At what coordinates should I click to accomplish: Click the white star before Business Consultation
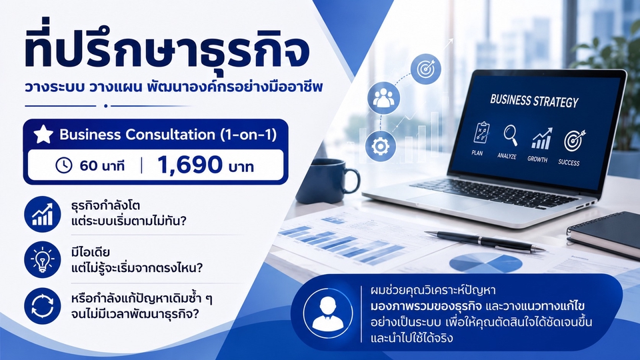click(x=43, y=134)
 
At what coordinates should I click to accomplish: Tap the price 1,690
click(x=189, y=165)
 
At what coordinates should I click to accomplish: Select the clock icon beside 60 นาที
click(x=64, y=165)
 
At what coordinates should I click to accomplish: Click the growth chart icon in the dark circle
click(x=43, y=214)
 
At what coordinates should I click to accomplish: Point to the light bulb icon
click(x=43, y=260)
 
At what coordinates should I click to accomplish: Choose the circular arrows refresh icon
click(x=43, y=306)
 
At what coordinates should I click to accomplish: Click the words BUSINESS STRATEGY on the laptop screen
click(x=534, y=101)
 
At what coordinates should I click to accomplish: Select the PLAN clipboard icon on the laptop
click(x=481, y=132)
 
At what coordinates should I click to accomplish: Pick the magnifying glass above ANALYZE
click(x=510, y=135)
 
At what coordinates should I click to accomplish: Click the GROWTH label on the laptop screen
click(x=537, y=159)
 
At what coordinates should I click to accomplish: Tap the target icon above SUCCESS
click(x=574, y=141)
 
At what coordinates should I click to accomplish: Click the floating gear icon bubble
click(x=381, y=146)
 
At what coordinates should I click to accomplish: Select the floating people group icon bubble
click(x=383, y=98)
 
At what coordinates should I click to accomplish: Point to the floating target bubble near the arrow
click(x=425, y=69)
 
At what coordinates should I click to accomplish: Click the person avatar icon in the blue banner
click(x=327, y=313)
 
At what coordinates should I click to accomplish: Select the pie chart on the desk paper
click(x=486, y=263)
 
